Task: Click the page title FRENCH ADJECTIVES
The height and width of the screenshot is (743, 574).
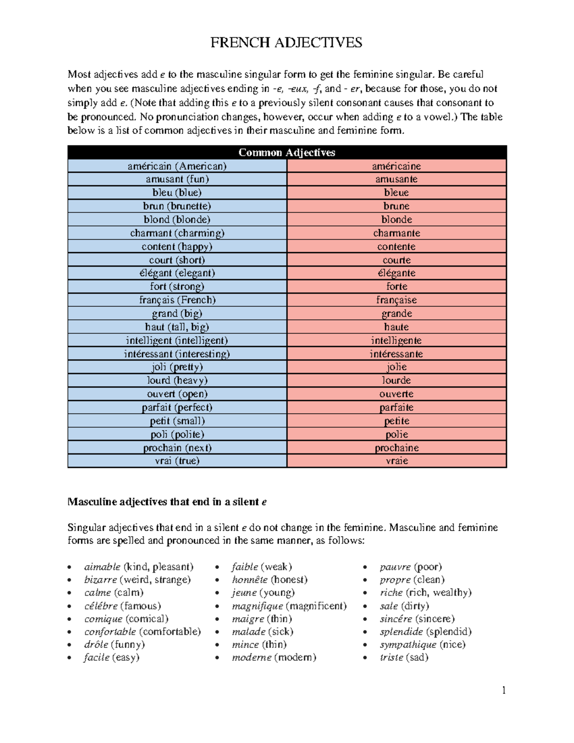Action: pos(286,43)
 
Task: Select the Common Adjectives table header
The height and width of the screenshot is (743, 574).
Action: pos(287,153)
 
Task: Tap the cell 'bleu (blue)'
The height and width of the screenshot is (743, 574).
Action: pos(177,192)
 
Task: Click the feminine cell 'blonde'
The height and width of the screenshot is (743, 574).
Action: pos(397,220)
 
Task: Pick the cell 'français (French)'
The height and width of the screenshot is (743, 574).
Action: pos(177,300)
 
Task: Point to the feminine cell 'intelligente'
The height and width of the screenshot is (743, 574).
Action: pos(397,341)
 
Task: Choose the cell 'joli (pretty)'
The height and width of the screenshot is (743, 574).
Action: pos(177,367)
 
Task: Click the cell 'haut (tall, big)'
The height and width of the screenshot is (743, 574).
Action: pos(177,327)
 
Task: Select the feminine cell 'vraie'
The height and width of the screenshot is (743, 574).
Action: pos(397,461)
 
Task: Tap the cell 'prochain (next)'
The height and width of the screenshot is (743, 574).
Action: pos(177,448)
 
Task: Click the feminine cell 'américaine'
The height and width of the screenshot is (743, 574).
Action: pos(397,166)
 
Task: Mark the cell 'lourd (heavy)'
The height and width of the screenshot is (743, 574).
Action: pos(177,380)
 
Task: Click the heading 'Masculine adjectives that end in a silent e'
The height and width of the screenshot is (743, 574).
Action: pos(167,502)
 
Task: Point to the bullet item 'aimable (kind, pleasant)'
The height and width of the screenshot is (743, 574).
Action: pos(139,567)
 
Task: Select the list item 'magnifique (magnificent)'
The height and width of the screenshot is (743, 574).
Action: pos(289,606)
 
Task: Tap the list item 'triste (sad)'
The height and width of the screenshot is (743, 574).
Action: pos(404,657)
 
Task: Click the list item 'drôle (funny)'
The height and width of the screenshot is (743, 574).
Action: pos(114,644)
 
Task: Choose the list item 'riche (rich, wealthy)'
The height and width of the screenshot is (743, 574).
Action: pos(425,593)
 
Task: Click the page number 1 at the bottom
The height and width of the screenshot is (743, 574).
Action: pos(504,690)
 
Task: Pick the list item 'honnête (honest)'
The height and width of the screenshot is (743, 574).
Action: pos(270,580)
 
